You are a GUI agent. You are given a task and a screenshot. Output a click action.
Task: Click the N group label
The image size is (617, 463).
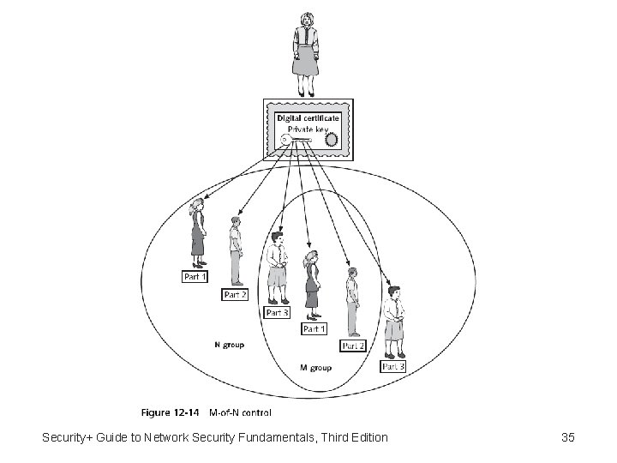[229, 345]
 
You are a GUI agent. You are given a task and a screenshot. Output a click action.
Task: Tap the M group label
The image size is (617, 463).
[315, 368]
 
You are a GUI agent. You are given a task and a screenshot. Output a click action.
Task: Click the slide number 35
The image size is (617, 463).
[567, 438]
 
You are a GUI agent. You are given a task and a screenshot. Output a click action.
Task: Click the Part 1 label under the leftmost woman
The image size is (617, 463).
[195, 277]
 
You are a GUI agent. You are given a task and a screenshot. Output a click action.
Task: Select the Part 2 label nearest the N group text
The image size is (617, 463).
[235, 294]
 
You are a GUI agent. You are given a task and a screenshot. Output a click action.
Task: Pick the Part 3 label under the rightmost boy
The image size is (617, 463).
[393, 367]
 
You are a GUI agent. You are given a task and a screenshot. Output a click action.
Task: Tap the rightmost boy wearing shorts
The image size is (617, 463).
[394, 322]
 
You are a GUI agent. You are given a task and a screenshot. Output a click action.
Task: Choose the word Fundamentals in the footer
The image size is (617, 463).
[268, 438]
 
